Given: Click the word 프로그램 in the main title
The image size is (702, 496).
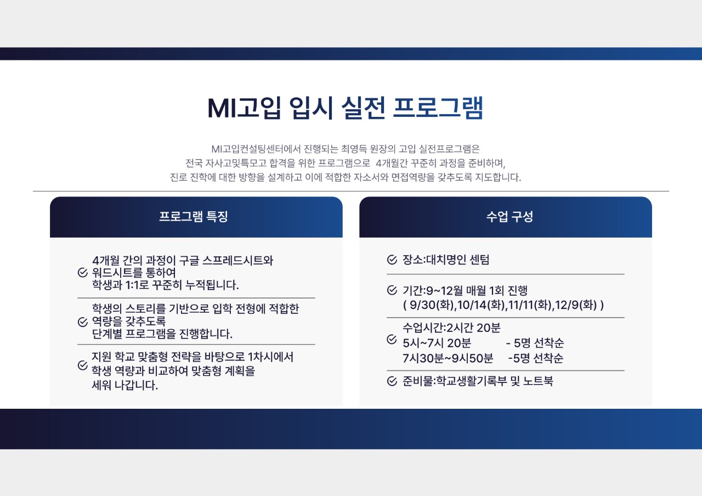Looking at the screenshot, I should (439, 108).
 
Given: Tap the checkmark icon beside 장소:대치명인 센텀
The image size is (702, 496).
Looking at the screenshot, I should (392, 260).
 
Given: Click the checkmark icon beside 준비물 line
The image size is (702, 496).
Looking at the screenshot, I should (392, 381).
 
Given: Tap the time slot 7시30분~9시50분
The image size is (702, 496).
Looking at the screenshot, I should (448, 359).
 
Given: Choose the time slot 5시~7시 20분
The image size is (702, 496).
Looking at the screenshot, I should (437, 343).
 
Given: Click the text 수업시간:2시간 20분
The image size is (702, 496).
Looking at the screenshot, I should (451, 328).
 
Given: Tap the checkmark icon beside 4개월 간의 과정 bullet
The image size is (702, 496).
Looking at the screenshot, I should (83, 273).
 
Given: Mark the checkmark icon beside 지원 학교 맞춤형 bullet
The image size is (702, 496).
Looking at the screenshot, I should (83, 365).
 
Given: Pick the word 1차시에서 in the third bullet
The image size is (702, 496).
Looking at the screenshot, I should (270, 357).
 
